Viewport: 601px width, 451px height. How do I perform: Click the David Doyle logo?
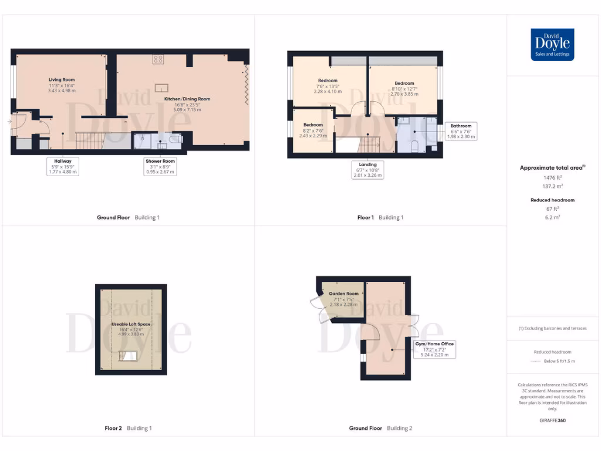click(552, 45)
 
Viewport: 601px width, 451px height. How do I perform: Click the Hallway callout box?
click(62, 166)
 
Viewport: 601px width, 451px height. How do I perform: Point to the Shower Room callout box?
click(160, 166)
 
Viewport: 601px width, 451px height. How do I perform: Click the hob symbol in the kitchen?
click(158, 59)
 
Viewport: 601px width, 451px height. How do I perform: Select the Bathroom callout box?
click(461, 131)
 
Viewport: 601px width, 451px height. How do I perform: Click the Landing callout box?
click(368, 170)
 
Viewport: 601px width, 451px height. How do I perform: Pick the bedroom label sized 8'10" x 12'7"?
click(404, 88)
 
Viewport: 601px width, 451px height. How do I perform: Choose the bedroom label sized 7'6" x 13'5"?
click(327, 86)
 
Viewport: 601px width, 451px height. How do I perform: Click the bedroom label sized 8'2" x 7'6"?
click(313, 130)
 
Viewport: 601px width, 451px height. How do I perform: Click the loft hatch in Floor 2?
click(129, 355)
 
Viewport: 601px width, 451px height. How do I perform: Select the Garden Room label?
click(343, 299)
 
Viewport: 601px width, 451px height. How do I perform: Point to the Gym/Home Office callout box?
click(434, 349)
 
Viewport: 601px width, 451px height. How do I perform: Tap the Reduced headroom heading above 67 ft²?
click(552, 200)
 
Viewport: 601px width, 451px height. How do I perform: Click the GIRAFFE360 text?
click(552, 420)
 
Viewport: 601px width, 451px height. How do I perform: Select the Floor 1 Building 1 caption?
click(380, 217)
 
